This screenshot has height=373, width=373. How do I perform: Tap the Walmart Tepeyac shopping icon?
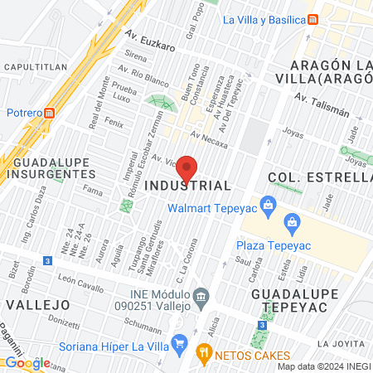[267, 204]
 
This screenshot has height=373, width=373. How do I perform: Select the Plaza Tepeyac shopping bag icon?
[292, 221]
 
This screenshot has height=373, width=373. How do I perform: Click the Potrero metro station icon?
[50, 113]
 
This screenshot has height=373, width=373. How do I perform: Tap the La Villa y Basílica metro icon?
[312, 21]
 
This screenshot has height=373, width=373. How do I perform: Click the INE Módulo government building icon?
[200, 297]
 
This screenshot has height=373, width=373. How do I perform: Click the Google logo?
[27, 363]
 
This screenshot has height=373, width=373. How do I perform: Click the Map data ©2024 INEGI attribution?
[323, 366]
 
